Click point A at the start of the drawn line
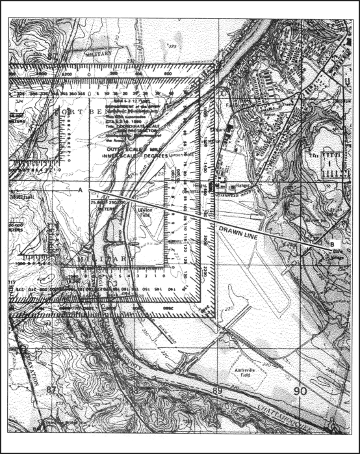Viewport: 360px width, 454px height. point(80,190)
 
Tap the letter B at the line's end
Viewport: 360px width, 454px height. point(332,243)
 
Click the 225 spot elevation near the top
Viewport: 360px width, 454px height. point(172,47)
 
